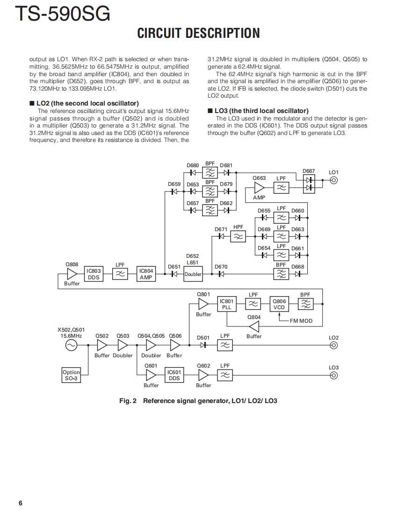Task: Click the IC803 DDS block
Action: click(x=94, y=274)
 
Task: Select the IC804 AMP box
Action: click(x=146, y=274)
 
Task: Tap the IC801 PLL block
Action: click(x=227, y=304)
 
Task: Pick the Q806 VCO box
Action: click(x=279, y=304)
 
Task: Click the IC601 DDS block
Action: click(x=174, y=375)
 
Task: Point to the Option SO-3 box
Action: click(x=71, y=375)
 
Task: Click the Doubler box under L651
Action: click(x=193, y=274)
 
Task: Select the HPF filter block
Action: click(x=239, y=237)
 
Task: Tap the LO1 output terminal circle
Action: click(x=333, y=180)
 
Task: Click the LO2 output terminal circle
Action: click(x=333, y=346)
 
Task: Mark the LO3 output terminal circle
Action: click(x=333, y=375)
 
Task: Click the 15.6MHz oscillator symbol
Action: click(x=71, y=345)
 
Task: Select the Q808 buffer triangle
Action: click(x=72, y=274)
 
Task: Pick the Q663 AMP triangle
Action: click(x=259, y=188)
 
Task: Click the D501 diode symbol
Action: click(x=203, y=346)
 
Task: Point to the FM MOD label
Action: click(x=301, y=321)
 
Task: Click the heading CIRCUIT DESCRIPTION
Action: click(x=198, y=34)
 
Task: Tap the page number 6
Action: click(x=20, y=503)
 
